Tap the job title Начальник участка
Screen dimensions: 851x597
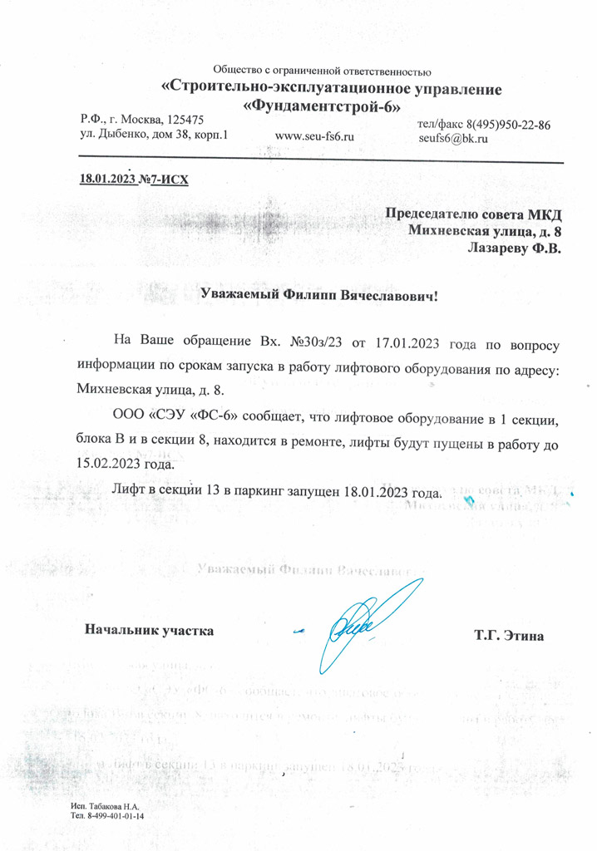pos(150,630)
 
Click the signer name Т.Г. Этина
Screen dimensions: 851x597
pos(508,637)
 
